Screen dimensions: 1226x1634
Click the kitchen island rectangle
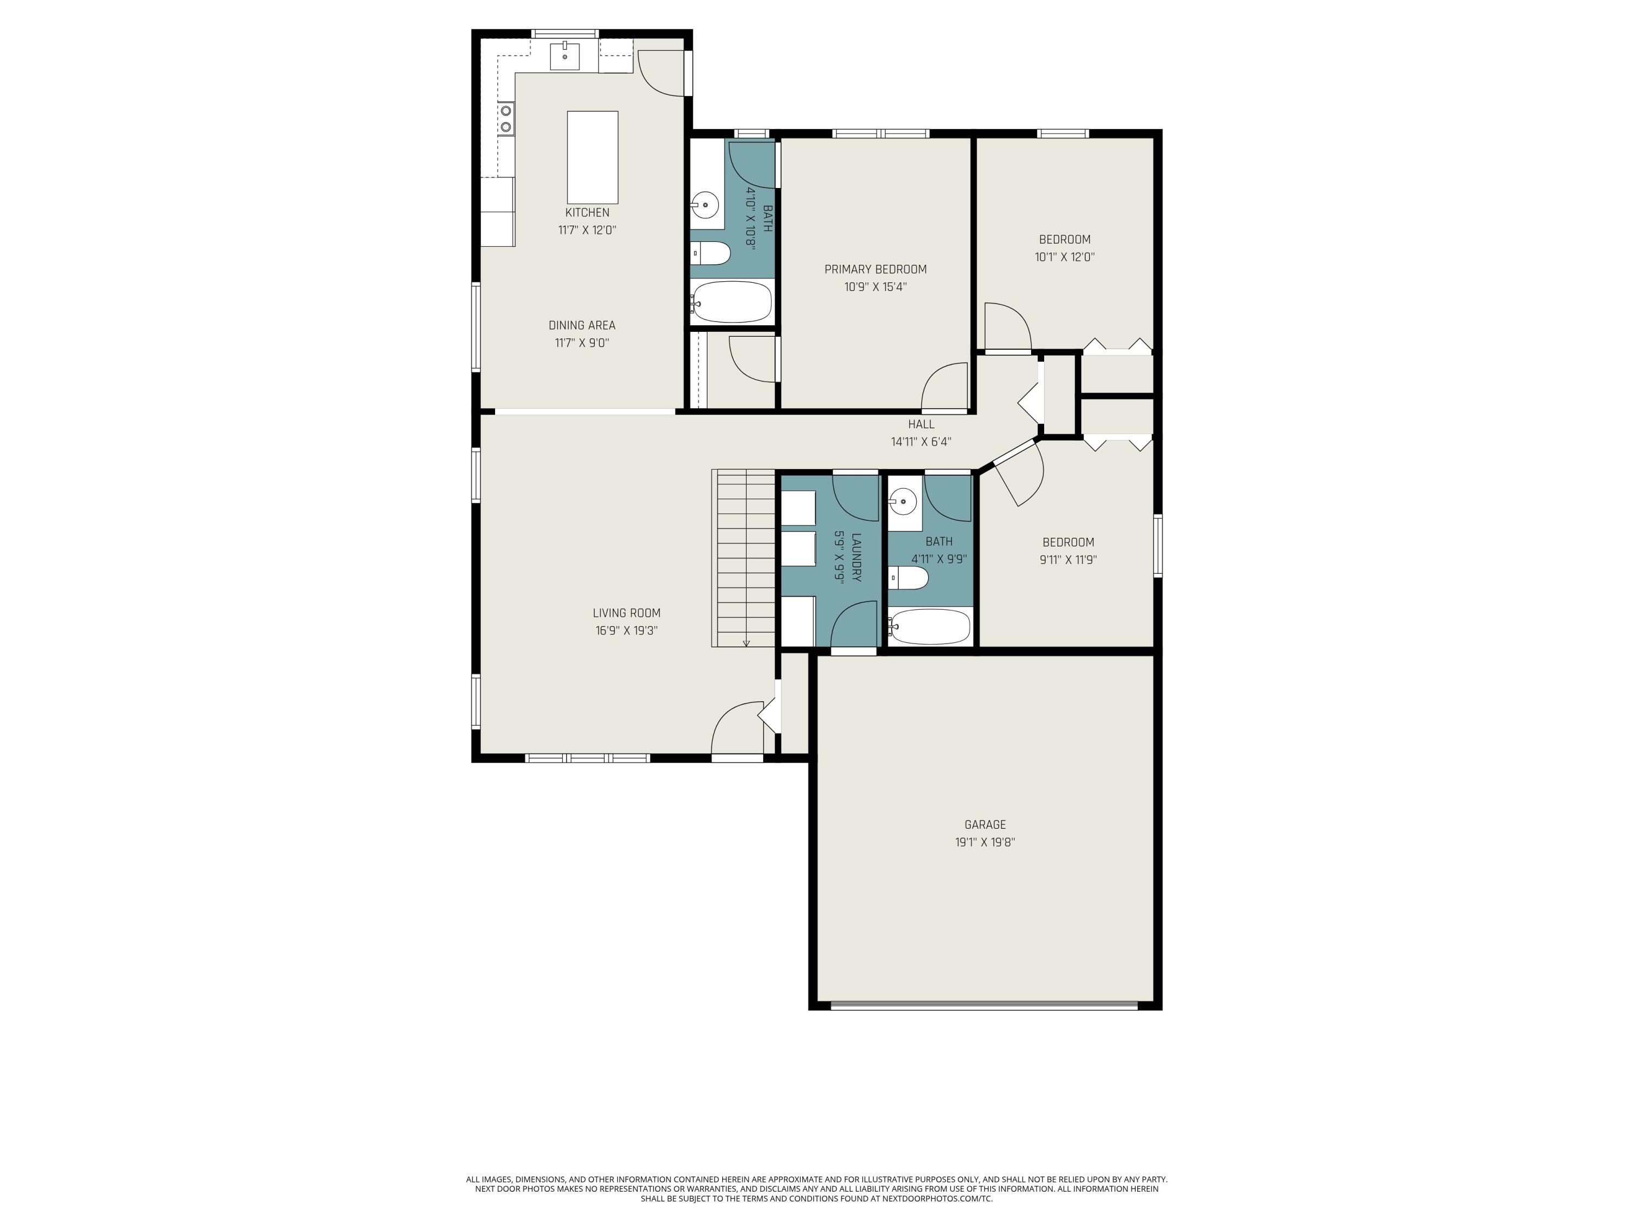click(x=592, y=157)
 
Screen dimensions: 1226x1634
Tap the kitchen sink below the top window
click(x=564, y=56)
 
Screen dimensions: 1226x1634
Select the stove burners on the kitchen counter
click(x=506, y=119)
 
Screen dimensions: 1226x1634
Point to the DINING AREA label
click(x=581, y=325)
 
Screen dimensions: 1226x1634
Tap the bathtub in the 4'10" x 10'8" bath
click(x=732, y=301)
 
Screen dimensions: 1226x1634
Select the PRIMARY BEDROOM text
click(x=875, y=270)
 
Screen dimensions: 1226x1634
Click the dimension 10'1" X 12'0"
click(x=1064, y=257)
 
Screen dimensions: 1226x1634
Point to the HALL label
click(x=921, y=424)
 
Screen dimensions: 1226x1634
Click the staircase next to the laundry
click(x=743, y=558)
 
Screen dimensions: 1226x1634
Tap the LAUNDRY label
click(x=856, y=557)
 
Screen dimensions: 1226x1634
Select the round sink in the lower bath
click(x=903, y=502)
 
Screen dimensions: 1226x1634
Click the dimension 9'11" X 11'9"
click(x=1068, y=560)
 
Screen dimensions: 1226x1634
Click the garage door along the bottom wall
click(x=984, y=1005)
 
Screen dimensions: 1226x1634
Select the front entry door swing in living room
click(x=735, y=728)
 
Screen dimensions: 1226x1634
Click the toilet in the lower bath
click(x=909, y=578)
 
